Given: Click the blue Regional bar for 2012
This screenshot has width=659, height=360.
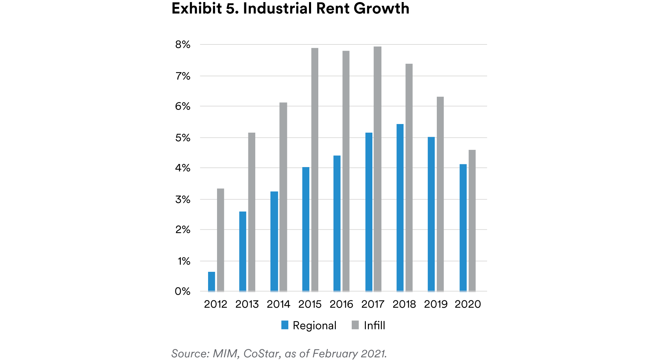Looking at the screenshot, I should [x=212, y=281].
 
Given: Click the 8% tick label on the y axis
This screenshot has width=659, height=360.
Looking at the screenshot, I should [x=183, y=44].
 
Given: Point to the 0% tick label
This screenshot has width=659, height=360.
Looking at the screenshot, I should [x=183, y=291].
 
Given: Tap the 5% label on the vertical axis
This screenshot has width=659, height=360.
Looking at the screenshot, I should [x=183, y=138].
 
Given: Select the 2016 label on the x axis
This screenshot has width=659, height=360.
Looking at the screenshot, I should [x=341, y=304].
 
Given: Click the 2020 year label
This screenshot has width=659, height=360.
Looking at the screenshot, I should [x=467, y=304].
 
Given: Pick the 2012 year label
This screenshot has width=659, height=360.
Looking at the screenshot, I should [x=216, y=304].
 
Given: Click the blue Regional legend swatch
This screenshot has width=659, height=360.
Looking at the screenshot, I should [x=285, y=325].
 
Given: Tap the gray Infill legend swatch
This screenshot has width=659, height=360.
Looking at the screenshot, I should [x=355, y=325].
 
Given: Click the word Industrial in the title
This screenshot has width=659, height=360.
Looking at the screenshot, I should [x=277, y=8].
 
